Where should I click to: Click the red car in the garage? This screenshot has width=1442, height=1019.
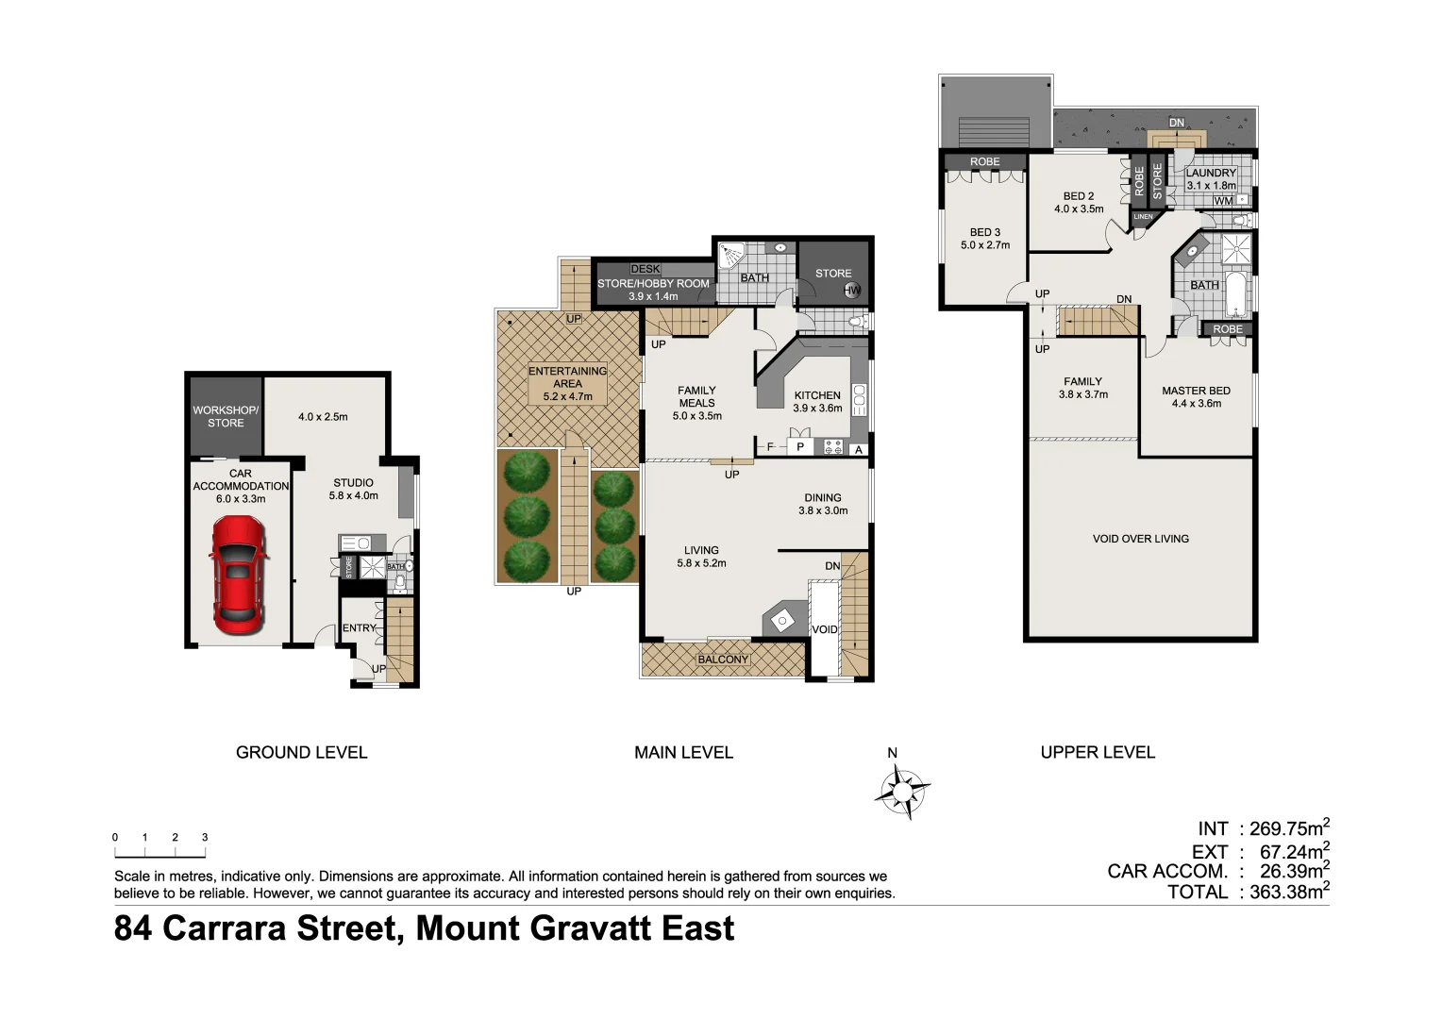coord(238,576)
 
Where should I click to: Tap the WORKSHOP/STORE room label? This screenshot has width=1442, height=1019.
coord(226,416)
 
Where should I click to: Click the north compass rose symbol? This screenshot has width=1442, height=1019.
coord(901,789)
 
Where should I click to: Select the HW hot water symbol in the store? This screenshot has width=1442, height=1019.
coord(852,291)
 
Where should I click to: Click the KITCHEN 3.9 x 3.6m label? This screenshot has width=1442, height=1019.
coord(817,402)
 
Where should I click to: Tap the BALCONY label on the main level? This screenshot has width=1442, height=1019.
coord(723,660)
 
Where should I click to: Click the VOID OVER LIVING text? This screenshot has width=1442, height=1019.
coord(1140,539)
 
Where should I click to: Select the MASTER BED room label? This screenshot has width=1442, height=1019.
coord(1196,396)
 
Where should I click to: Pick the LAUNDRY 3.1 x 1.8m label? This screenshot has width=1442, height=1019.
coord(1211,179)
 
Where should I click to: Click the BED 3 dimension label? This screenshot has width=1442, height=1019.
coord(985,239)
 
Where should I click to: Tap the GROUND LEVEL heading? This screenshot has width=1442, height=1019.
coord(301,752)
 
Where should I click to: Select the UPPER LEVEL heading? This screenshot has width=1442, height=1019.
coord(1098,752)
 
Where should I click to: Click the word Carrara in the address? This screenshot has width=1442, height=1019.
coord(228,928)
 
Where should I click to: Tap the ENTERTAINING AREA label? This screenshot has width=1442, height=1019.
coord(567,383)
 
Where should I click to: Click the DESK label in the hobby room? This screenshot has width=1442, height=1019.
coord(646,269)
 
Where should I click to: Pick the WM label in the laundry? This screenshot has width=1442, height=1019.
coord(1223,201)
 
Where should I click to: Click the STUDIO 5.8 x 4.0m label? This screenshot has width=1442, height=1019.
coord(353,489)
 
